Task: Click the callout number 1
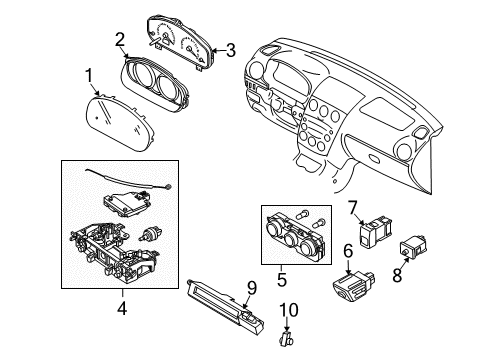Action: [89, 76]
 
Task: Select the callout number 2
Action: [120, 40]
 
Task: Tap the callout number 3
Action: [230, 50]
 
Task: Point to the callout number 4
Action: [122, 308]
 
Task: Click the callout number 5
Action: [282, 279]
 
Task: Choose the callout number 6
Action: [348, 251]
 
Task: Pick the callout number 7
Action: [353, 208]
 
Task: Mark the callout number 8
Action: [397, 275]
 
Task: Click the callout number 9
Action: [252, 288]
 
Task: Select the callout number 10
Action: [289, 310]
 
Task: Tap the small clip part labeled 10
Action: [286, 338]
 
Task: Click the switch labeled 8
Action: [414, 247]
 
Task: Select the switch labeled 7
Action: [375, 232]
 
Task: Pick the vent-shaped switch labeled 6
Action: [353, 285]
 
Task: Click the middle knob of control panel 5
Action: [292, 238]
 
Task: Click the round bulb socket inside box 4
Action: [150, 233]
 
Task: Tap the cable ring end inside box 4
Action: [169, 187]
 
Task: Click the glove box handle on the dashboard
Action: [374, 157]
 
